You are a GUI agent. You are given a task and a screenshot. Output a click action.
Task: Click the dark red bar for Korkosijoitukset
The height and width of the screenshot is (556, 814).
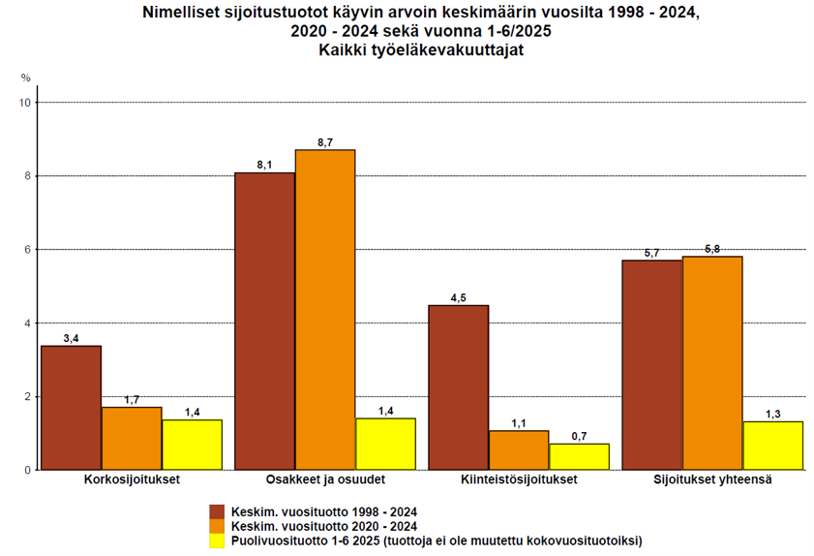[x=71, y=408]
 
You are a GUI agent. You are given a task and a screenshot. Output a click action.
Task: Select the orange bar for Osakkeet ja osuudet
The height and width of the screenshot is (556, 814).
[x=325, y=310]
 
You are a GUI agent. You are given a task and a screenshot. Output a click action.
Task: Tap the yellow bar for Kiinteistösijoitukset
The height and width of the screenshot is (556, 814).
[x=579, y=457]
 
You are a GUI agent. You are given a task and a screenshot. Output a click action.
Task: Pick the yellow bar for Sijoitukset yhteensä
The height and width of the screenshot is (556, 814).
[x=772, y=446]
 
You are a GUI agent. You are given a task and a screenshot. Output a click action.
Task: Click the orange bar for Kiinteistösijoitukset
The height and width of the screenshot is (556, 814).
[x=519, y=450]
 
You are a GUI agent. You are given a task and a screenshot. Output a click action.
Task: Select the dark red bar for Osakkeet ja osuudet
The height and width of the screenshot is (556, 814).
[x=264, y=321]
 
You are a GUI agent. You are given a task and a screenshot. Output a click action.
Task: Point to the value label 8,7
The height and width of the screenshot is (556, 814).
[x=325, y=142]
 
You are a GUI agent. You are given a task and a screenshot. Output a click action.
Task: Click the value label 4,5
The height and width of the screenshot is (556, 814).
[x=458, y=297]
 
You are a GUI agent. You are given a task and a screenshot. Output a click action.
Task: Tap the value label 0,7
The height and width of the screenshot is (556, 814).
[x=579, y=436]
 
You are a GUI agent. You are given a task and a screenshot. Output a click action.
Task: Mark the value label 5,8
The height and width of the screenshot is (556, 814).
[x=712, y=249]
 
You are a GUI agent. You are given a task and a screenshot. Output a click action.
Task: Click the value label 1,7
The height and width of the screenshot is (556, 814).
[x=132, y=399]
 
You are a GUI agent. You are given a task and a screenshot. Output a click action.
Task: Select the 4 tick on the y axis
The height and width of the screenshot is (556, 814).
[x=28, y=323]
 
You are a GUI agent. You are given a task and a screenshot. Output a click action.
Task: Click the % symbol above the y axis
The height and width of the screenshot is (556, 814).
[x=26, y=77]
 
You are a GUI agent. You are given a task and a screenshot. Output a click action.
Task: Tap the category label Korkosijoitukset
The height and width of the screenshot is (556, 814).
[x=132, y=481]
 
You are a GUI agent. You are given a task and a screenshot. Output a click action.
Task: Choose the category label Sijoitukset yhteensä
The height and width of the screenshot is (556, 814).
[x=712, y=481]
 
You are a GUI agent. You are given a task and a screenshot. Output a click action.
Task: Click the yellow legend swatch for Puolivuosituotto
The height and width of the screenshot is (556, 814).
[x=217, y=541]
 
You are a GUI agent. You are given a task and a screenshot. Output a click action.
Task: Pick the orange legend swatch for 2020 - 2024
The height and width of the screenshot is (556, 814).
[x=217, y=526]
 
